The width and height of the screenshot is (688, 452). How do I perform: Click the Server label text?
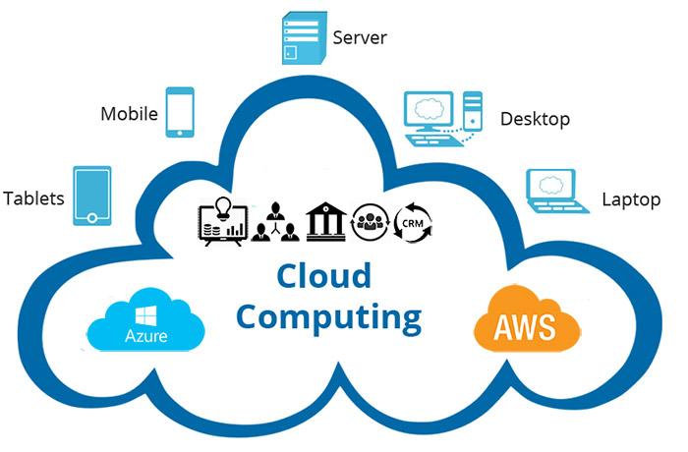[x=360, y=38]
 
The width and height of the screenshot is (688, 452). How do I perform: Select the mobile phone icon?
[x=180, y=112]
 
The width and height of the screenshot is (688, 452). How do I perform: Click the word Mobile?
[x=129, y=113]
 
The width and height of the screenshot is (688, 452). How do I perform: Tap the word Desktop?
[x=536, y=120]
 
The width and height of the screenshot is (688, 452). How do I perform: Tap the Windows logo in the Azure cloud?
[x=148, y=313]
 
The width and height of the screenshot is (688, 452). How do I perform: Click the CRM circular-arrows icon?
[x=411, y=222]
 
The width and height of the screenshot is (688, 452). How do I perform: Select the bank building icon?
[x=325, y=221]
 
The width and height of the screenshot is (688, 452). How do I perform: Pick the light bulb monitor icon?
[x=221, y=221]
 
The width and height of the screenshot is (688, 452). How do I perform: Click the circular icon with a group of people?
[x=371, y=222]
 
